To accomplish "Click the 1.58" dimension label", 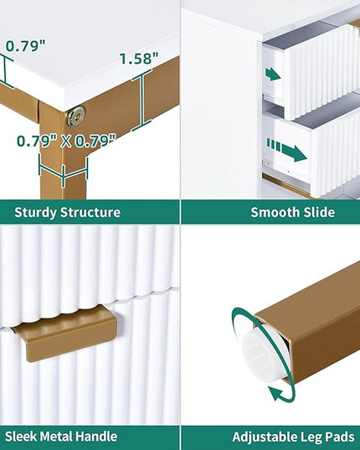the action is (x=139, y=59).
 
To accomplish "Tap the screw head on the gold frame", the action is (x=76, y=116).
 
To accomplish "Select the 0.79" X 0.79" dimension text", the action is (x=66, y=141).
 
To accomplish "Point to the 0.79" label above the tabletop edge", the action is (x=25, y=45).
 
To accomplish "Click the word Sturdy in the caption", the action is (x=35, y=213).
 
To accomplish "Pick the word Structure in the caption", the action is (x=90, y=212).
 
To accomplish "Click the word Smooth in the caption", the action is (x=271, y=212).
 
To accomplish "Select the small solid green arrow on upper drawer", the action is (x=273, y=75).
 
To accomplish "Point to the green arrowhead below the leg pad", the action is (x=276, y=394).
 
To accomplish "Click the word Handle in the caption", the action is (x=98, y=437).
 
